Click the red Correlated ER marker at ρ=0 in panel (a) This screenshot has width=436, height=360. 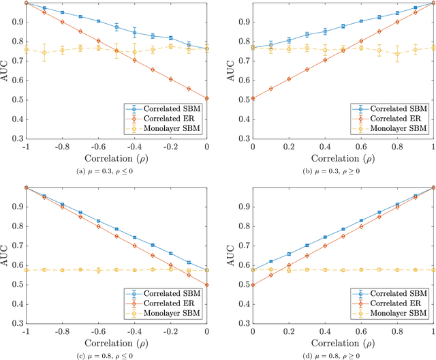[206, 98]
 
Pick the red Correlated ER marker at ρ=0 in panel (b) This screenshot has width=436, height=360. [253, 98]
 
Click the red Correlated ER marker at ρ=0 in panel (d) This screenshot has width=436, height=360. [253, 284]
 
